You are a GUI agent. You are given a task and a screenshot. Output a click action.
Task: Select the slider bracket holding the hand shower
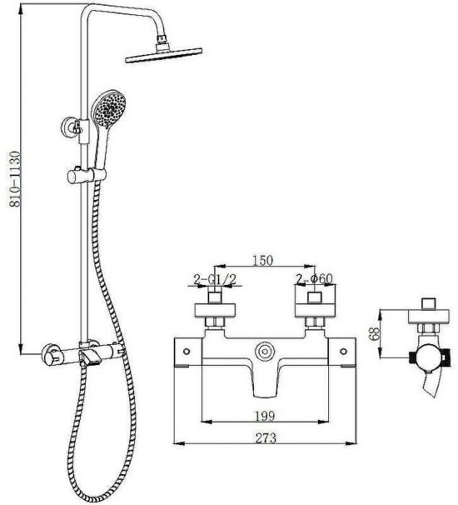tap(86, 174)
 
